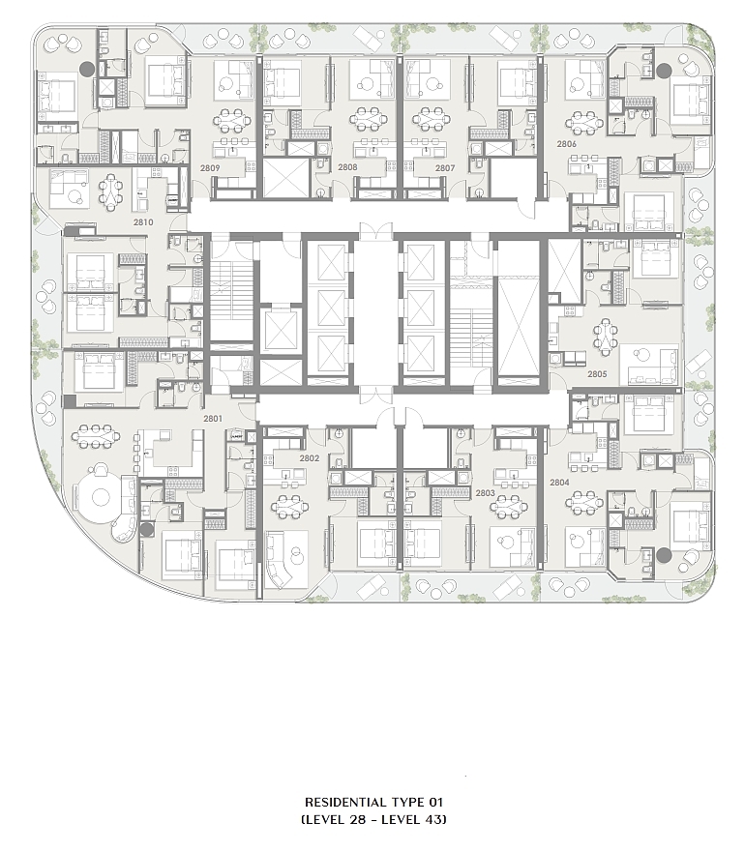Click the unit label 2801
(213, 419)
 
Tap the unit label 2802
(310, 458)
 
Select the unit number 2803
(485, 492)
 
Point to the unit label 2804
(559, 481)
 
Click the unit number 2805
(596, 373)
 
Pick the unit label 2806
(566, 143)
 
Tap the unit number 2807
(445, 167)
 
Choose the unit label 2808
(347, 167)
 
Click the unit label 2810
(143, 221)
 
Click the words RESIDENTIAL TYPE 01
(373, 802)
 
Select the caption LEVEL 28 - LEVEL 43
(373, 819)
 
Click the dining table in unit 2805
(606, 337)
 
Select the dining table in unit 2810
(111, 191)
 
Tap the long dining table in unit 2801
(97, 437)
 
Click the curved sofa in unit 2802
(287, 561)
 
